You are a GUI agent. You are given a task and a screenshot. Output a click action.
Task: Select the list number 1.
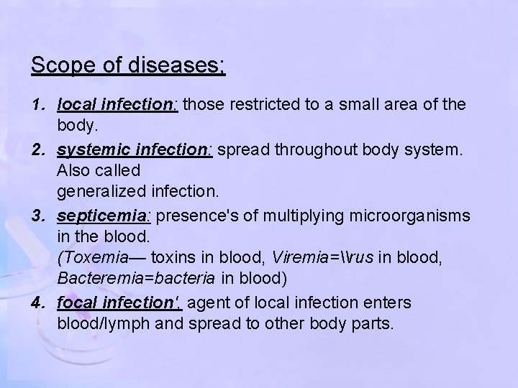pyautogui.click(x=36, y=105)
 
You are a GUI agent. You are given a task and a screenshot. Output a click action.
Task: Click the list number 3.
pyautogui.click(x=36, y=216)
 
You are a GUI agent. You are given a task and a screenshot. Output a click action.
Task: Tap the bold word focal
pyautogui.click(x=75, y=302)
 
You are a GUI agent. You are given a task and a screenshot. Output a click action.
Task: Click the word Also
pyautogui.click(x=73, y=171)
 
